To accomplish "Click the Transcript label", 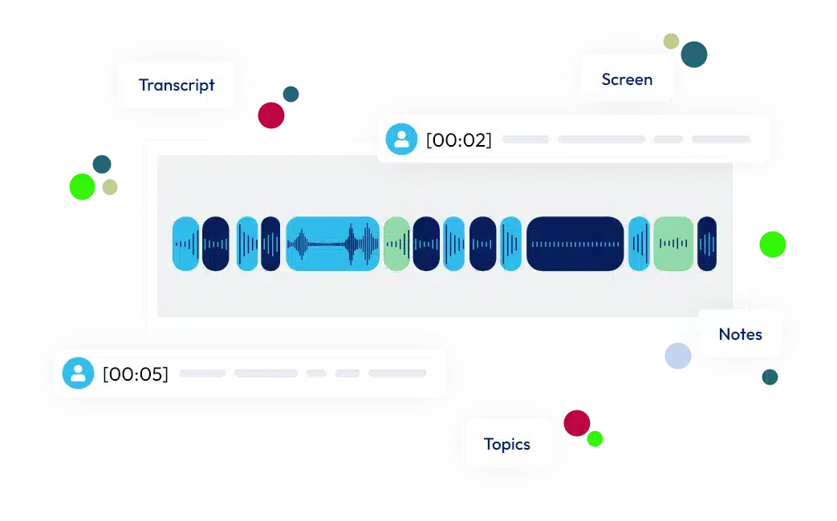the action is (x=177, y=85).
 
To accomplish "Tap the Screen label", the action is (x=628, y=79).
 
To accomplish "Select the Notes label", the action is (x=741, y=334).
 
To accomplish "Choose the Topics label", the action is (x=507, y=444).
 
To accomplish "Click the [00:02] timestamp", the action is (x=459, y=139).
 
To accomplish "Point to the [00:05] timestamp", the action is (x=136, y=374).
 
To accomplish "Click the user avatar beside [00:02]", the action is (x=401, y=139).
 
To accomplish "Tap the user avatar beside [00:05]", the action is (x=78, y=373).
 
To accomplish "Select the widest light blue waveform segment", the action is (x=332, y=244).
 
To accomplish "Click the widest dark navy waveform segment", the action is (x=575, y=244).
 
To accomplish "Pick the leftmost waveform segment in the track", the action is (x=185, y=244).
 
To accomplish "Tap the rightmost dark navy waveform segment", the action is (x=707, y=244).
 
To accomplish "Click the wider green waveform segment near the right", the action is (x=673, y=244).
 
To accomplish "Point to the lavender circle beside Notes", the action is (x=678, y=356).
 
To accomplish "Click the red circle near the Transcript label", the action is (x=271, y=115).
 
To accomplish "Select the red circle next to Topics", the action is (x=577, y=423).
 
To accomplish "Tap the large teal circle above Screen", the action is (x=694, y=55).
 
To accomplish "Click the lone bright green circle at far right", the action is (x=773, y=244).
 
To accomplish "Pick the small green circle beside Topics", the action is (x=595, y=439).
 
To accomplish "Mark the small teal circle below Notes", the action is (x=770, y=377).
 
